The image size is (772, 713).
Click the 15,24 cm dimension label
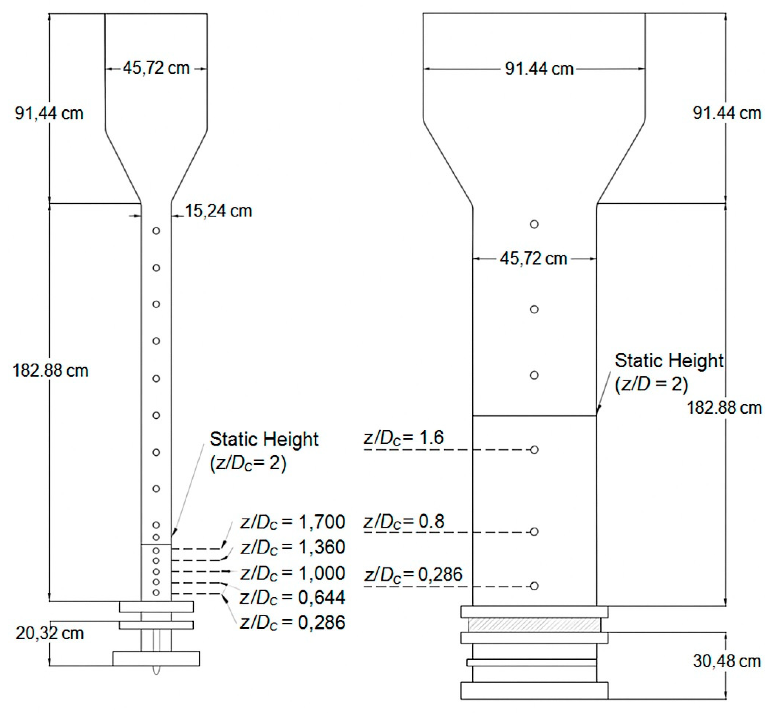[219, 211]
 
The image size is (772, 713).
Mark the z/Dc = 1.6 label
[404, 438]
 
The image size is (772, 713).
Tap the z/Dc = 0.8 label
[404, 522]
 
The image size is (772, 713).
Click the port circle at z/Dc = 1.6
[534, 450]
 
